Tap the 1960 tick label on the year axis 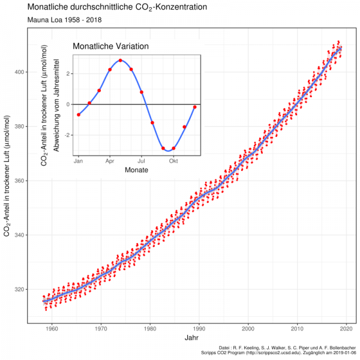coord(52,328)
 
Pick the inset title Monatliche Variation coord(110,46)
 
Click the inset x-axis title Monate coord(136,170)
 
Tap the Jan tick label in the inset coord(79,161)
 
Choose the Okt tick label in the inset coord(173,161)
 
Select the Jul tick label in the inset coord(142,161)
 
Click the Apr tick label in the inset coord(110,161)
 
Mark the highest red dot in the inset coord(121,61)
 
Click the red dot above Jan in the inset coord(79,115)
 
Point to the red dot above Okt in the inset coord(173,148)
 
